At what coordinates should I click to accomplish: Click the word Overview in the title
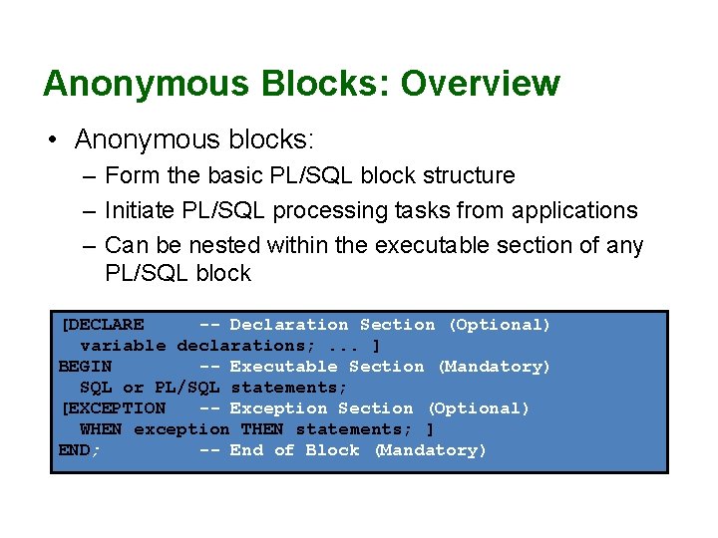(x=480, y=83)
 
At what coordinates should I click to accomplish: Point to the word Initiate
(x=140, y=211)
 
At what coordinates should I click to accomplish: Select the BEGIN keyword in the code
(x=85, y=367)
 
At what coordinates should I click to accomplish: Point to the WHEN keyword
(x=101, y=429)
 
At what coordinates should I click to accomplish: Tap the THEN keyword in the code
(x=261, y=429)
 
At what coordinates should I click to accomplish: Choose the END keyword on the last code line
(x=75, y=450)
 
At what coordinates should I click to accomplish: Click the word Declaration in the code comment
(x=289, y=325)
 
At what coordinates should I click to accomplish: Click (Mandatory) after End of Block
(x=431, y=450)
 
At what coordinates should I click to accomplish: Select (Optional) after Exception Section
(x=479, y=408)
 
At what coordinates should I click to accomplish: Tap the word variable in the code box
(x=123, y=346)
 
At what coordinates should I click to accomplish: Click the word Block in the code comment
(x=332, y=450)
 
